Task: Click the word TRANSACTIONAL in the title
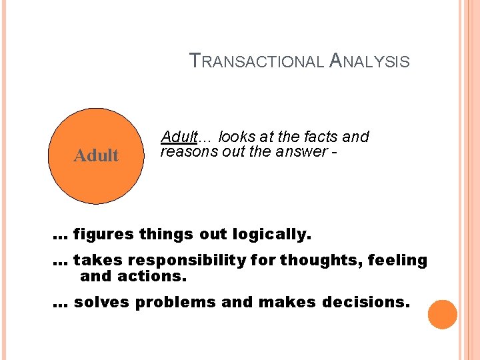pyautogui.click(x=257, y=61)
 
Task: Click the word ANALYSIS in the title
pyautogui.click(x=369, y=61)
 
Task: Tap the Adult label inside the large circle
pyautogui.click(x=96, y=156)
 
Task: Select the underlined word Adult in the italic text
pyautogui.click(x=179, y=137)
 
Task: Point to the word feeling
pyautogui.click(x=398, y=260)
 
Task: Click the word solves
pyautogui.click(x=101, y=302)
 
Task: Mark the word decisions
pyautogui.click(x=366, y=302)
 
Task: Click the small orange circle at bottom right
pyautogui.click(x=442, y=315)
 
